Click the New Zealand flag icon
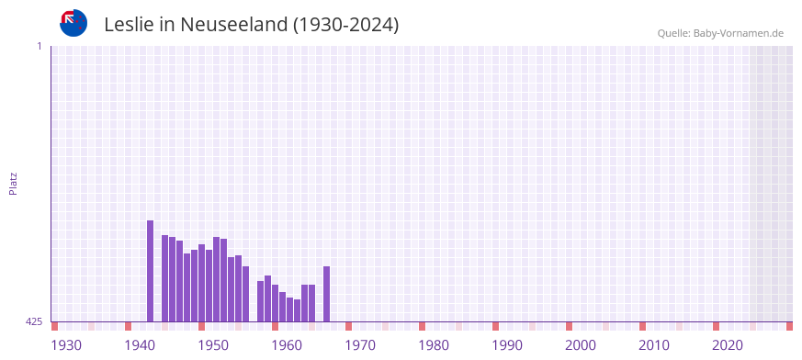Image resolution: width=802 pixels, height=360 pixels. click(x=73, y=23)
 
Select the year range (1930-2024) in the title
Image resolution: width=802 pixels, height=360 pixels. click(x=345, y=25)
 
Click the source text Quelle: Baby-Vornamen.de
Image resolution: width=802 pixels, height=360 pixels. click(x=719, y=33)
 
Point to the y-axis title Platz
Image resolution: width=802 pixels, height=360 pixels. click(x=13, y=184)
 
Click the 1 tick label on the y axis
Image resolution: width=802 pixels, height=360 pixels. click(x=39, y=46)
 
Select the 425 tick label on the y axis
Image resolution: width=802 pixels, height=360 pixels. click(x=34, y=321)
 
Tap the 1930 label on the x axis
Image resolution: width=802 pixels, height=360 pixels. click(x=66, y=345)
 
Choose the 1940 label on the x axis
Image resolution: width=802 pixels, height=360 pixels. click(x=140, y=345)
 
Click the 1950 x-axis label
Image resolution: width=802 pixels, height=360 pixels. click(x=213, y=345)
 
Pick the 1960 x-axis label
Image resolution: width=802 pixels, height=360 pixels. click(x=287, y=345)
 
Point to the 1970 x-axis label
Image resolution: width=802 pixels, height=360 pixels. click(x=360, y=345)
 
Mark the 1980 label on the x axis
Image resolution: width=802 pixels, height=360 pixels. click(x=434, y=345)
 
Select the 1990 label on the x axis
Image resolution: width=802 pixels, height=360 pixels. click(x=507, y=345)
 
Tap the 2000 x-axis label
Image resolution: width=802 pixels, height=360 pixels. click(x=581, y=345)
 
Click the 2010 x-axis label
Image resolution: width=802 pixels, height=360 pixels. click(x=654, y=345)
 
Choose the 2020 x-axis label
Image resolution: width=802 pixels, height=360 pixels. click(x=728, y=345)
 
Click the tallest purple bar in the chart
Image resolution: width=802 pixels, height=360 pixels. click(x=150, y=271)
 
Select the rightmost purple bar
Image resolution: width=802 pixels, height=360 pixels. click(x=326, y=294)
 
